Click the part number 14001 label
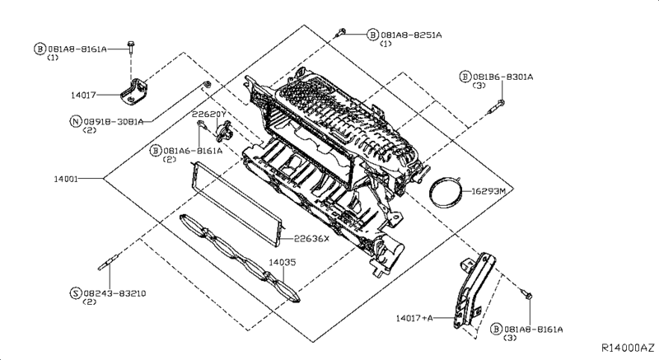click(66, 179)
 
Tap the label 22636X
click(311, 239)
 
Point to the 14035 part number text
click(283, 262)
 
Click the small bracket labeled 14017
click(134, 92)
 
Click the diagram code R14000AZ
click(628, 348)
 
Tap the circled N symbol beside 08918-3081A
click(75, 121)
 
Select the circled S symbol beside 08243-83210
click(75, 293)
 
